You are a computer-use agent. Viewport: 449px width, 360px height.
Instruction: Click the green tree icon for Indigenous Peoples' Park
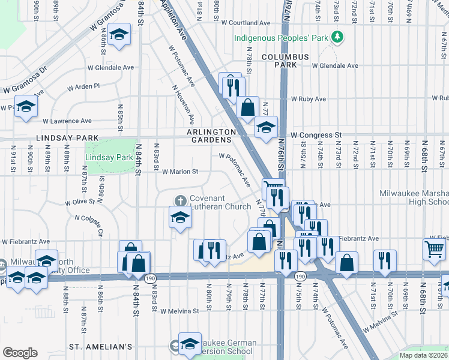click(338, 38)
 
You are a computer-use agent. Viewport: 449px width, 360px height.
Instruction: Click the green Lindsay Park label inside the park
click(109, 157)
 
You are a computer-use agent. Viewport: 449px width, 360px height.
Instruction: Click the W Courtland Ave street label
click(246, 23)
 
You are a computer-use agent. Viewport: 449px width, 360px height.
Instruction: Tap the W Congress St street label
click(316, 135)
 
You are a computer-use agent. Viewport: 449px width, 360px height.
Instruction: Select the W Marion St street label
click(180, 172)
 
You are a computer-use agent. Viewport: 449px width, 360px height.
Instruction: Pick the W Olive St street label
click(84, 203)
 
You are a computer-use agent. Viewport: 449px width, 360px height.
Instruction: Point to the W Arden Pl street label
click(83, 87)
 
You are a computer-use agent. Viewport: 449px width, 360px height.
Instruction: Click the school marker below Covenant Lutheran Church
click(179, 218)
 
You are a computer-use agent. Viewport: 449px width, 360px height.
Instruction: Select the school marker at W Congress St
click(266, 127)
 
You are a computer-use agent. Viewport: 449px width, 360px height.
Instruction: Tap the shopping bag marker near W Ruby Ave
click(247, 108)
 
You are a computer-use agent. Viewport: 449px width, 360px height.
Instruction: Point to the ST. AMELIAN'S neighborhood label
click(100, 347)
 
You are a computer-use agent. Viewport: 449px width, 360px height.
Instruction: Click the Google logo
click(20, 353)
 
